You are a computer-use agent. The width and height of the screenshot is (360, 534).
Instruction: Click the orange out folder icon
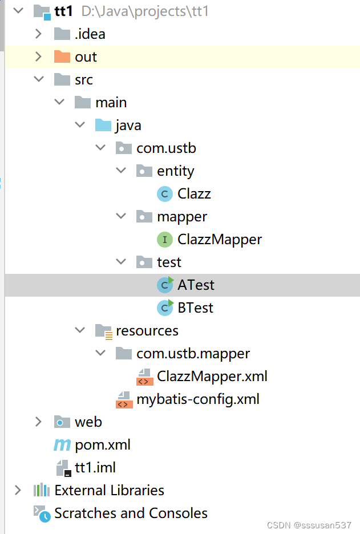(x=62, y=56)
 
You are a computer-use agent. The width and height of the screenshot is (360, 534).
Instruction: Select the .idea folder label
(x=90, y=34)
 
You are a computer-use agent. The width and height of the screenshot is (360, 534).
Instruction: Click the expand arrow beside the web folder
(x=38, y=422)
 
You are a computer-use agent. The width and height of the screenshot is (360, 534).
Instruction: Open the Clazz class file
(x=194, y=194)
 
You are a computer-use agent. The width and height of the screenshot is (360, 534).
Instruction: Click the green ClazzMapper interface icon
(x=164, y=240)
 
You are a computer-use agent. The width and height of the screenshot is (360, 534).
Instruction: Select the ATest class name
(x=196, y=285)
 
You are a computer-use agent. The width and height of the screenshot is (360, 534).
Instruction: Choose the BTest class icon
(x=165, y=308)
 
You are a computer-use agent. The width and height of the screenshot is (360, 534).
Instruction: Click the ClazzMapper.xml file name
(x=212, y=377)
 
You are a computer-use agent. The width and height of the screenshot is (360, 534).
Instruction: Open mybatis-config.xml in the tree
(x=197, y=399)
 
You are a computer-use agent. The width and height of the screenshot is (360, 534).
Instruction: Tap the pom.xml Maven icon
(x=62, y=444)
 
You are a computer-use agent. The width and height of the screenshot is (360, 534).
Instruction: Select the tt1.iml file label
(x=95, y=468)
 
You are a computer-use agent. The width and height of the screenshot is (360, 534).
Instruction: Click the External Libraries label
(x=109, y=490)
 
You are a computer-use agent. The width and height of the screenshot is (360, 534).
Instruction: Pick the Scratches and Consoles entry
(x=131, y=513)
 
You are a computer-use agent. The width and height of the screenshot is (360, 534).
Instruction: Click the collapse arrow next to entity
(x=120, y=171)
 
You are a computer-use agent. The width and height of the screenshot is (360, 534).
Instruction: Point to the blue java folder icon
(x=103, y=125)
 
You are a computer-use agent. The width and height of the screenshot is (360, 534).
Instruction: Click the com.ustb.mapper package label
(x=193, y=354)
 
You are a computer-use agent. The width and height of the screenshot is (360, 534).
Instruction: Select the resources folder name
(x=147, y=331)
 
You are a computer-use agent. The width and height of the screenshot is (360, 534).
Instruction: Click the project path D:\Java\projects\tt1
(x=145, y=11)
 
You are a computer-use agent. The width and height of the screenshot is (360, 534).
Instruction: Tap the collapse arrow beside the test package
(x=120, y=262)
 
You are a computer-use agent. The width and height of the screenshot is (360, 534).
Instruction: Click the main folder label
(x=111, y=103)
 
